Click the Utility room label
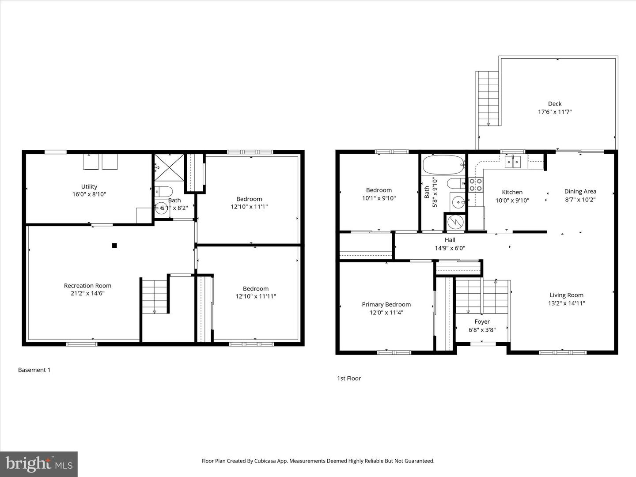[89, 187]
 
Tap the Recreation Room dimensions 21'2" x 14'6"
[87, 293]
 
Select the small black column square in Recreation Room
[114, 246]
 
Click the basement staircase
[155, 296]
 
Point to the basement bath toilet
[164, 192]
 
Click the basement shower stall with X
[168, 167]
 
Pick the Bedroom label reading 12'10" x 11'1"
[249, 203]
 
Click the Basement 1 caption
[34, 370]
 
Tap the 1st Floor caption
[349, 379]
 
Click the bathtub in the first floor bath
[443, 165]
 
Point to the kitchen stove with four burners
[476, 184]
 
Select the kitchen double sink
[513, 162]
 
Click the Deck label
[555, 104]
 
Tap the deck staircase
[488, 98]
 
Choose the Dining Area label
[580, 191]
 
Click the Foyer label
[482, 322]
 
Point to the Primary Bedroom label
[386, 304]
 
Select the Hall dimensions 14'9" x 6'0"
[450, 248]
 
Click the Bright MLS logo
[39, 464]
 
